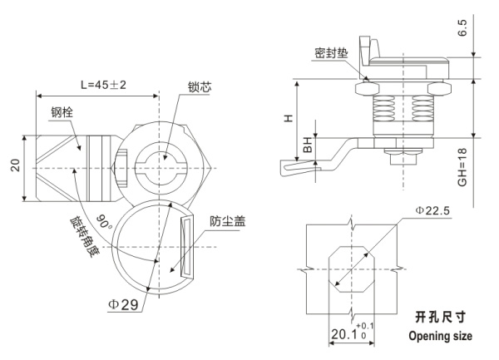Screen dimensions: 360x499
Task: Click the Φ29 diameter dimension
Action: coord(125,304)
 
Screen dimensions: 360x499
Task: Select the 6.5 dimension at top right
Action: coord(486,31)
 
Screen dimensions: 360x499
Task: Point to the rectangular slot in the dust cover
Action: coord(187,248)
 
